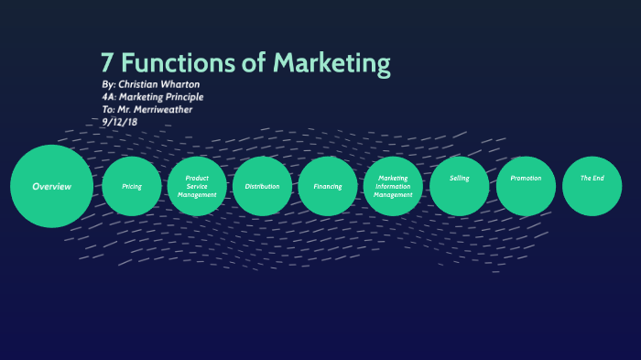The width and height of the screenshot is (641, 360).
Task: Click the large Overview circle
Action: tap(51, 186)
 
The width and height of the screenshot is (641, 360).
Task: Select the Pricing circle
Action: tap(131, 186)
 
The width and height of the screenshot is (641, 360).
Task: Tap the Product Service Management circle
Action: tap(197, 186)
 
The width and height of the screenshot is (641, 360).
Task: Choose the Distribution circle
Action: tap(262, 186)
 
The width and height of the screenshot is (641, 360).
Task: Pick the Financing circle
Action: tap(328, 186)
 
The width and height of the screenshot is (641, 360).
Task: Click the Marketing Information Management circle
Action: tap(394, 186)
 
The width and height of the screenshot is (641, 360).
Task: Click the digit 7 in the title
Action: tap(108, 65)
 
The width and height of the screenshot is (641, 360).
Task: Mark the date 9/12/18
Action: tap(120, 121)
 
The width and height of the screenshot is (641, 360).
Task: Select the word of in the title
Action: tap(257, 65)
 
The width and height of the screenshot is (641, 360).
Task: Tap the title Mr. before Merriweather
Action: tap(126, 109)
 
